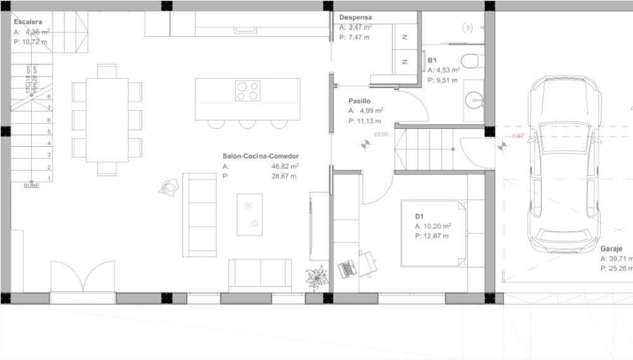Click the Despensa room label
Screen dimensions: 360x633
tap(355, 18)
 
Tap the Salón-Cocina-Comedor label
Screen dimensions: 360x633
tap(260, 156)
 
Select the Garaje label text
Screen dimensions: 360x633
tap(611, 249)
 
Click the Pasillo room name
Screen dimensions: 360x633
tap(359, 101)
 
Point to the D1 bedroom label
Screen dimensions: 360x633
tap(419, 216)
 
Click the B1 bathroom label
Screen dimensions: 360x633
tap(431, 61)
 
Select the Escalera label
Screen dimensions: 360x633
tap(28, 22)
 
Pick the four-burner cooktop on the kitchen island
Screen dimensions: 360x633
tap(248, 90)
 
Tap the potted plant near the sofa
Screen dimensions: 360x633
tap(315, 278)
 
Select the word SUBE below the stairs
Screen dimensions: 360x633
tap(31, 185)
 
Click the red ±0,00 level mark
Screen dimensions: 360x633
tap(381, 134)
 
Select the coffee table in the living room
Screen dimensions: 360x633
tap(249, 214)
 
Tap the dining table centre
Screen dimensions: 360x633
tap(107, 120)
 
